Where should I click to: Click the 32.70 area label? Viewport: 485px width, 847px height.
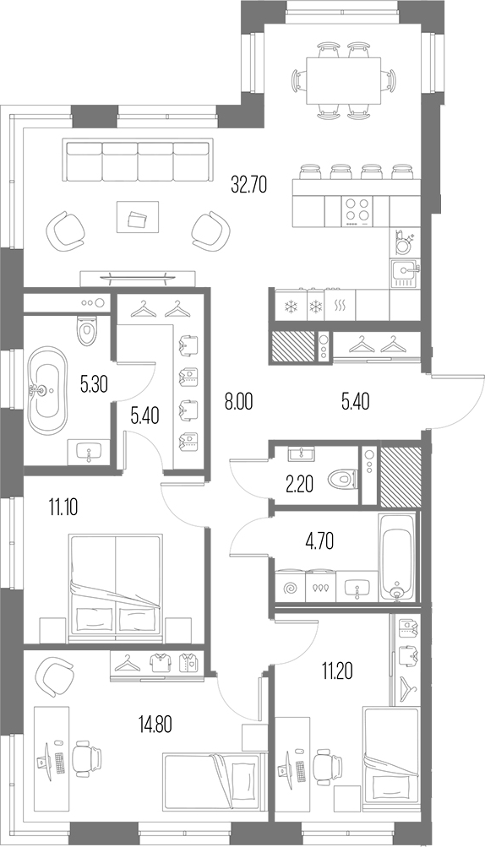[248, 185]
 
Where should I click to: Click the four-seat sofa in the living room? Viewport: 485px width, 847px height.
[137, 160]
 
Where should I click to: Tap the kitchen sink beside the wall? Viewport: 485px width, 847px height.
[404, 272]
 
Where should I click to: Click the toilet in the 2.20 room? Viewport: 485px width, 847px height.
[344, 479]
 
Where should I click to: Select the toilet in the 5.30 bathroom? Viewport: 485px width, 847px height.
[89, 330]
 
